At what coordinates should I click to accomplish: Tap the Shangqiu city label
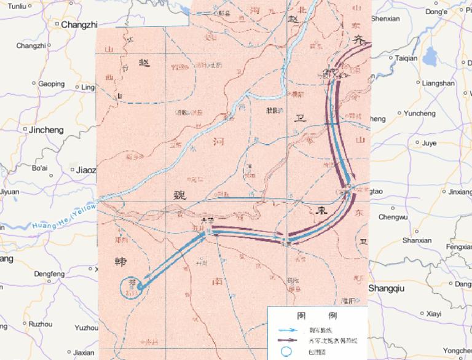click(x=388, y=288)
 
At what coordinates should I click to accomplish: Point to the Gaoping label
click(x=51, y=84)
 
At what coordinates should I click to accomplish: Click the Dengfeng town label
click(x=49, y=273)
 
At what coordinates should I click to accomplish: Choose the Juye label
click(x=429, y=143)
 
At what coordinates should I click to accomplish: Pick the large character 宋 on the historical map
click(x=323, y=209)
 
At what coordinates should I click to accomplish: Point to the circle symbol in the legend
click(x=285, y=351)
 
